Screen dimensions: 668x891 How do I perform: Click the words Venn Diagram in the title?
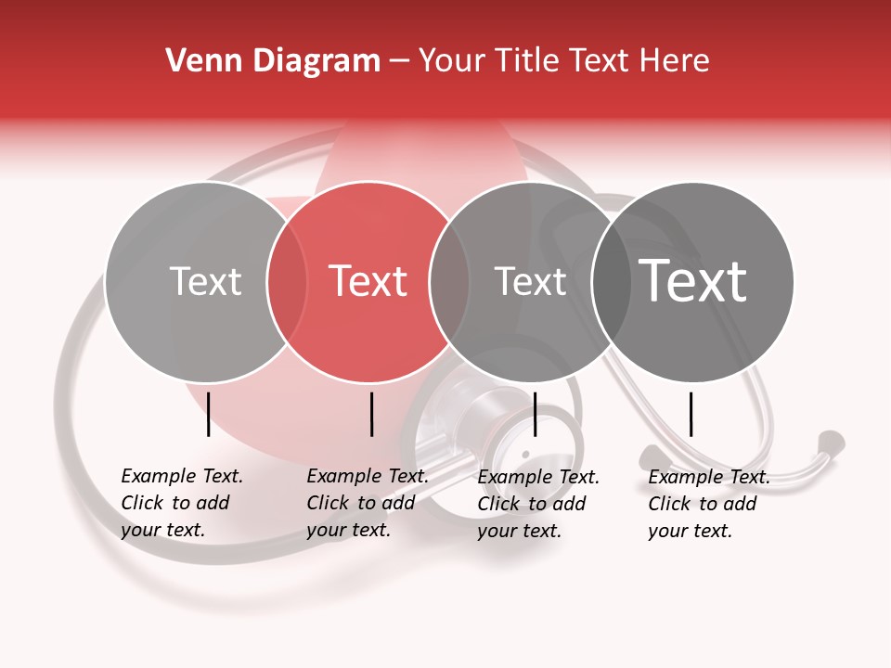tap(273, 61)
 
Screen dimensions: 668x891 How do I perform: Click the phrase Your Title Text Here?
tap(563, 61)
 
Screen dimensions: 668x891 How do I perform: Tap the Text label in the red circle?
tap(368, 281)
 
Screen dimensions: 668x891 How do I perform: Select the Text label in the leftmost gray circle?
tap(205, 281)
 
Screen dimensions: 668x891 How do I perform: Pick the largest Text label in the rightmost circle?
tap(693, 280)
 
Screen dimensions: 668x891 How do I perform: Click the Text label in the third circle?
tap(530, 281)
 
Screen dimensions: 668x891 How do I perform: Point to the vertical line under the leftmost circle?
tap(208, 414)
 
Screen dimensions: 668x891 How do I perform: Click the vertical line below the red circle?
tap(371, 414)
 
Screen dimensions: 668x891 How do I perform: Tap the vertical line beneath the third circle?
tap(535, 414)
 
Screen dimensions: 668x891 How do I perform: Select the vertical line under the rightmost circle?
tap(691, 414)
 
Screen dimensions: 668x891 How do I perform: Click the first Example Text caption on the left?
tap(181, 503)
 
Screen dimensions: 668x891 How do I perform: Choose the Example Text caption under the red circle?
tap(367, 503)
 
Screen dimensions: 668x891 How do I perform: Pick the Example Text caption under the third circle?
tap(537, 504)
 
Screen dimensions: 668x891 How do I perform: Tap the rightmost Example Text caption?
tap(708, 504)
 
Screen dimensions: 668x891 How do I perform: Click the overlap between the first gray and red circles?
tap(287, 282)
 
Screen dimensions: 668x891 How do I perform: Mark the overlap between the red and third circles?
tap(449, 282)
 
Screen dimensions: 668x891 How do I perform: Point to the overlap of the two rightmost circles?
tap(611, 282)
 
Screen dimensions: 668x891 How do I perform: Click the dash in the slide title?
tap(399, 61)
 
